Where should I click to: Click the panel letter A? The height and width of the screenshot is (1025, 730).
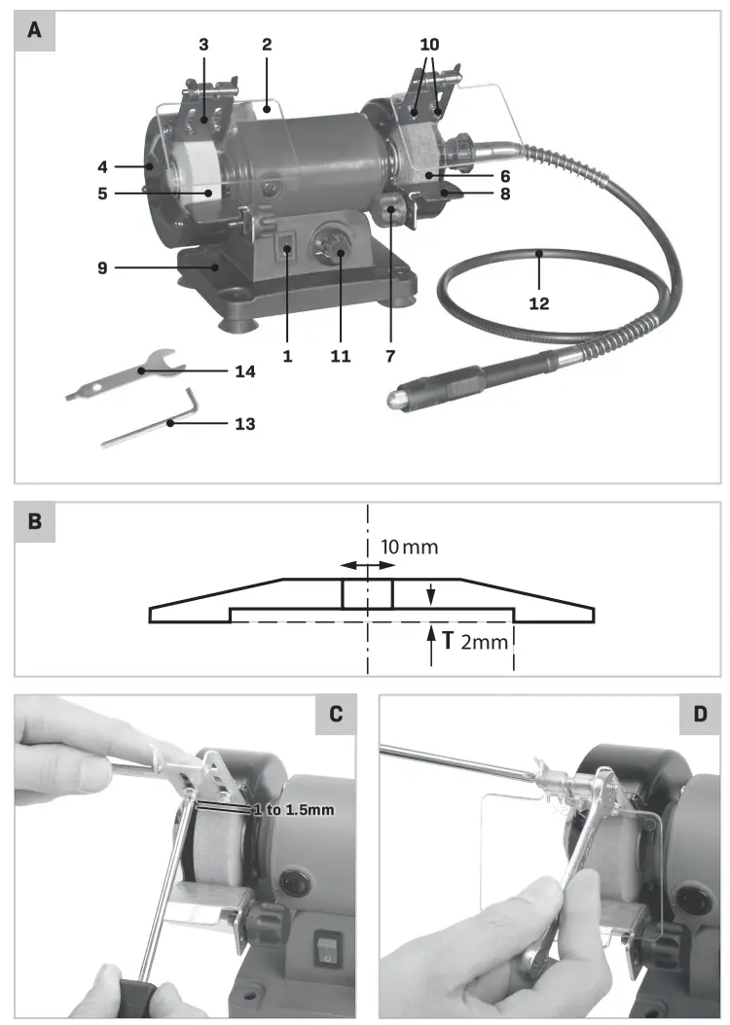coord(35,30)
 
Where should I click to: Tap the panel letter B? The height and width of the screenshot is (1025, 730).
coord(35,522)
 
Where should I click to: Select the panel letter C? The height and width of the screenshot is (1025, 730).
coord(336,715)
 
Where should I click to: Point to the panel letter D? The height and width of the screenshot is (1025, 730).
coord(699,715)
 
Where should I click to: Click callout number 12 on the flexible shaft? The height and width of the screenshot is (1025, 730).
coord(538,303)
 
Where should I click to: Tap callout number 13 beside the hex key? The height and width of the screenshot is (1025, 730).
coord(244,423)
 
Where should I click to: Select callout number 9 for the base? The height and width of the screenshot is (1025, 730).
coord(102,265)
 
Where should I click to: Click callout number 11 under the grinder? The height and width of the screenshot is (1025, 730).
coord(340,356)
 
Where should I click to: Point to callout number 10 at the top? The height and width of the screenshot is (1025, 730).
coord(429,45)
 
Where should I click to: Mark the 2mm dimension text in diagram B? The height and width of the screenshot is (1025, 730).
coord(478,642)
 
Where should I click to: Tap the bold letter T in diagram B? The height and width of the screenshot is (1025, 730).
coord(448,641)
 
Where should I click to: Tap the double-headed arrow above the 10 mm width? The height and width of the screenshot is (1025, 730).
coord(367,565)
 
